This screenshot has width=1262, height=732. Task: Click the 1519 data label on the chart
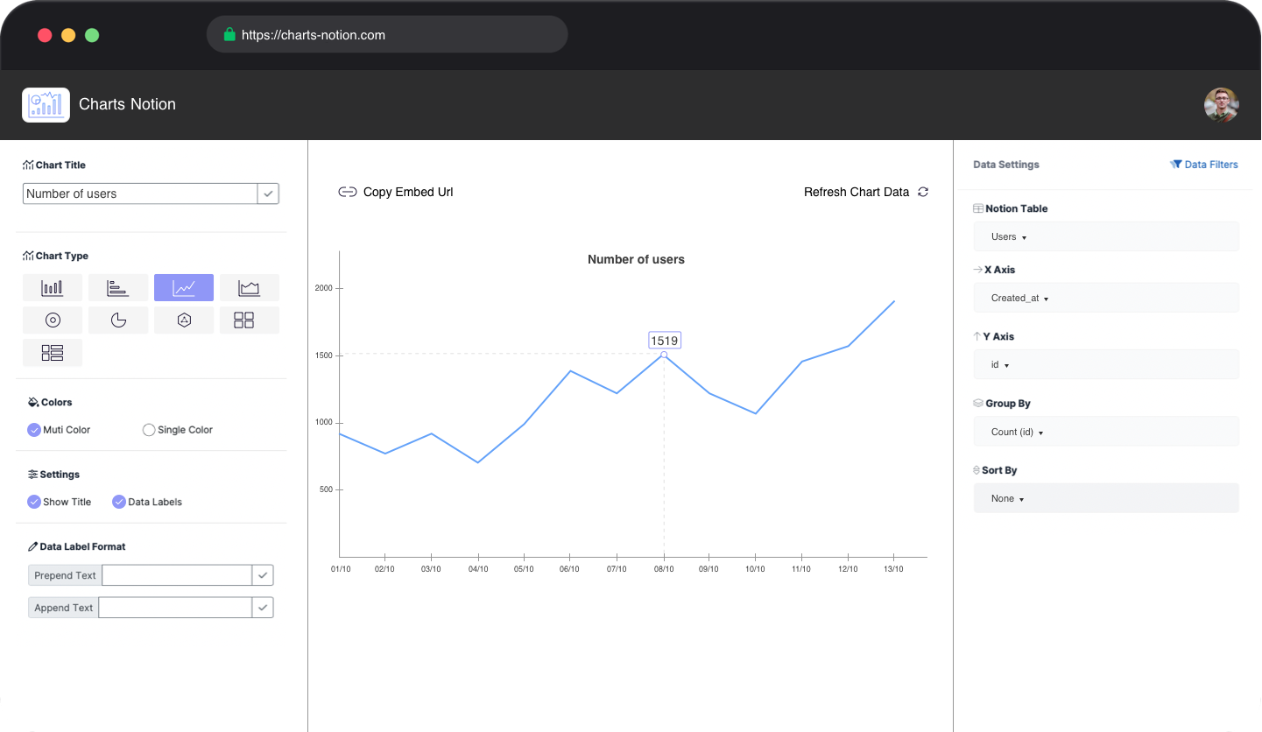[x=664, y=341]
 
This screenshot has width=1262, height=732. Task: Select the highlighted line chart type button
[x=184, y=287]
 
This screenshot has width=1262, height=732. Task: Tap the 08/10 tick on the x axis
[x=664, y=569]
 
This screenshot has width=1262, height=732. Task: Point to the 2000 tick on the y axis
[x=325, y=288]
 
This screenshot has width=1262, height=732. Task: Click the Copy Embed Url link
[x=396, y=192]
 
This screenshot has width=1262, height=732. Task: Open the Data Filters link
[x=1204, y=165]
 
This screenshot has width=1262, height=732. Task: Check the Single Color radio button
[x=149, y=430]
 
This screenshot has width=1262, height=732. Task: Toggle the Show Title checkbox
[x=34, y=502]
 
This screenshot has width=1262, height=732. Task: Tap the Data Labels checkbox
[x=119, y=502]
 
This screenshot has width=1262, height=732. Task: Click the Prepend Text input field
[x=177, y=575]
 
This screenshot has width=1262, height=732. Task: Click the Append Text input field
[x=175, y=608]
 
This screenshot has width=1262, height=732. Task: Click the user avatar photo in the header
[x=1221, y=105]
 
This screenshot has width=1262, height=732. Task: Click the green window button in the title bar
[x=92, y=35]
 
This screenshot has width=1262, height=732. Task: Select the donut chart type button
[x=53, y=320]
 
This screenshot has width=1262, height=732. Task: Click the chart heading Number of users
[x=636, y=259]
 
